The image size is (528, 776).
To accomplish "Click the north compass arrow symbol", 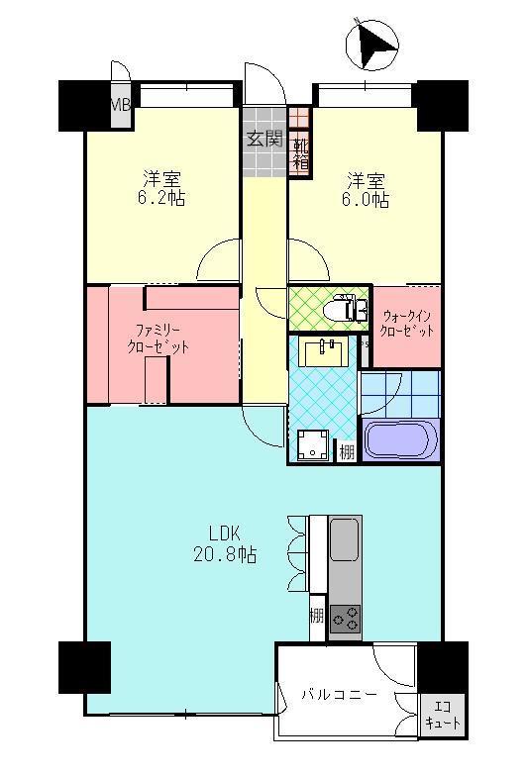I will pyautogui.click(x=371, y=44).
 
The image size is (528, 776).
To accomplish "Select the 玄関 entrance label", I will pyautogui.click(x=264, y=140).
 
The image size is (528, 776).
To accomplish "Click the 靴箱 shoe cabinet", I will pyautogui.click(x=299, y=155).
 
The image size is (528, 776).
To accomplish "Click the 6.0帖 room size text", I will pyautogui.click(x=366, y=198).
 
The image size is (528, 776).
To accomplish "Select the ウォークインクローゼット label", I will pyautogui.click(x=407, y=323).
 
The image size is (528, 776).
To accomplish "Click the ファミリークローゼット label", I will pyautogui.click(x=158, y=339).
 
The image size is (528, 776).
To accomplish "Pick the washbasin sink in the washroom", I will pyautogui.click(x=324, y=351).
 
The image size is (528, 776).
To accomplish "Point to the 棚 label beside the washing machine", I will pyautogui.click(x=346, y=452).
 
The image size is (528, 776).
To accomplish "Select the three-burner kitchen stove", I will pyautogui.click(x=346, y=620).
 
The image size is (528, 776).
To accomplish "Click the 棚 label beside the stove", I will pyautogui.click(x=316, y=616).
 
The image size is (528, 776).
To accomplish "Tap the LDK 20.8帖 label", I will pyautogui.click(x=224, y=544).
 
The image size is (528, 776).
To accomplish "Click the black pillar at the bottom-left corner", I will pyautogui.click(x=84, y=667).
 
